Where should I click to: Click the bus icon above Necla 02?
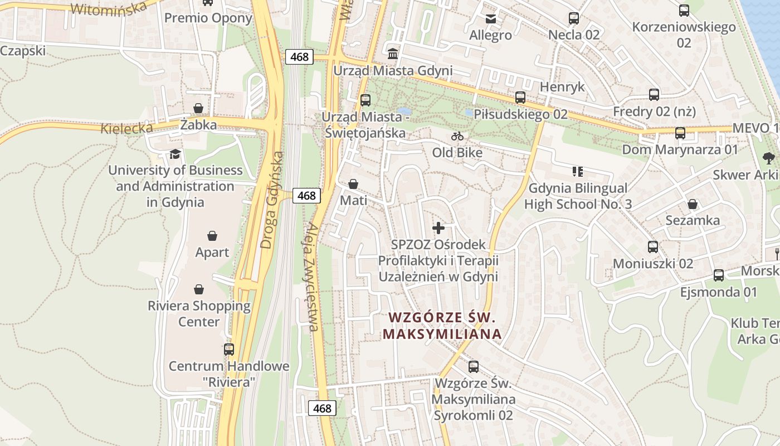click(x=574, y=18)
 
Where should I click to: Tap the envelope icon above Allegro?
click(x=490, y=19)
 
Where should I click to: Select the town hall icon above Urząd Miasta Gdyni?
click(x=393, y=54)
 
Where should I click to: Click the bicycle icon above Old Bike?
click(x=457, y=136)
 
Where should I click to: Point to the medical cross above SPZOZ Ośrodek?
click(x=438, y=227)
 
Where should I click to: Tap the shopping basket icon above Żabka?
click(x=198, y=108)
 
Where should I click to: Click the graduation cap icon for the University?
click(x=175, y=154)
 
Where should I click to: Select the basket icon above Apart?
click(x=212, y=236)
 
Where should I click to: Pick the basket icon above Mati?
click(x=353, y=184)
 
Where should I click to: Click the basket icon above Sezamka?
click(x=693, y=204)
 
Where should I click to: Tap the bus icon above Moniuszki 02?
click(x=653, y=246)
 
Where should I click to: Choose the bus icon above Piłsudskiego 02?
click(x=520, y=98)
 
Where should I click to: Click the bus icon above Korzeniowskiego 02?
click(x=684, y=10)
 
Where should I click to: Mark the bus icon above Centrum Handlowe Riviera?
click(x=229, y=350)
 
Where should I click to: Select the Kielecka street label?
click(x=126, y=128)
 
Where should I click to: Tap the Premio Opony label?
click(x=208, y=18)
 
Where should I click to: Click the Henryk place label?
click(x=562, y=87)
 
